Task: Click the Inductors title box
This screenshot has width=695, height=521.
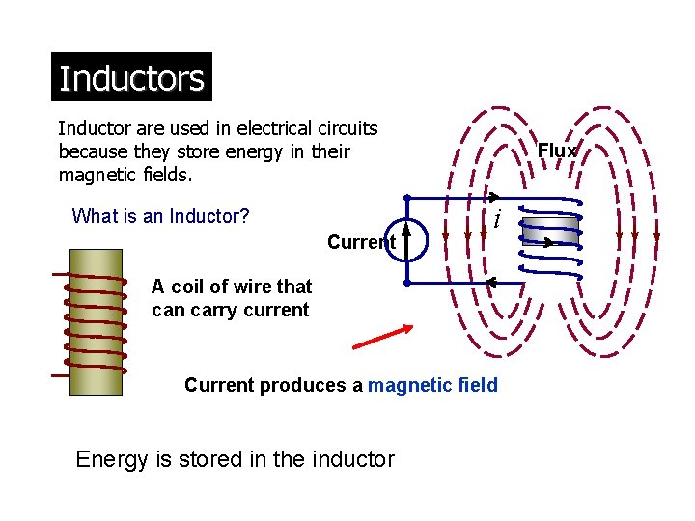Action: click(131, 77)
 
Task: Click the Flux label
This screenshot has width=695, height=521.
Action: click(557, 151)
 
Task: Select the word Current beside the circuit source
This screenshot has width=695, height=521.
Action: click(360, 242)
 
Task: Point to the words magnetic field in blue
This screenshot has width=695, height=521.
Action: click(433, 386)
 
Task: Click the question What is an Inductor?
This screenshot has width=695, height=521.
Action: click(160, 215)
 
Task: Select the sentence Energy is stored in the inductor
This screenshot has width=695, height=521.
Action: click(235, 459)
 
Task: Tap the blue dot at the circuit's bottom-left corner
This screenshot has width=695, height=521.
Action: click(407, 284)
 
